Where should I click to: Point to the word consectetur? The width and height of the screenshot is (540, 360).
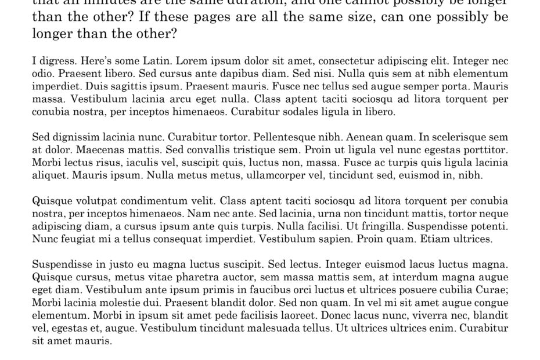coord(335,60)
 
